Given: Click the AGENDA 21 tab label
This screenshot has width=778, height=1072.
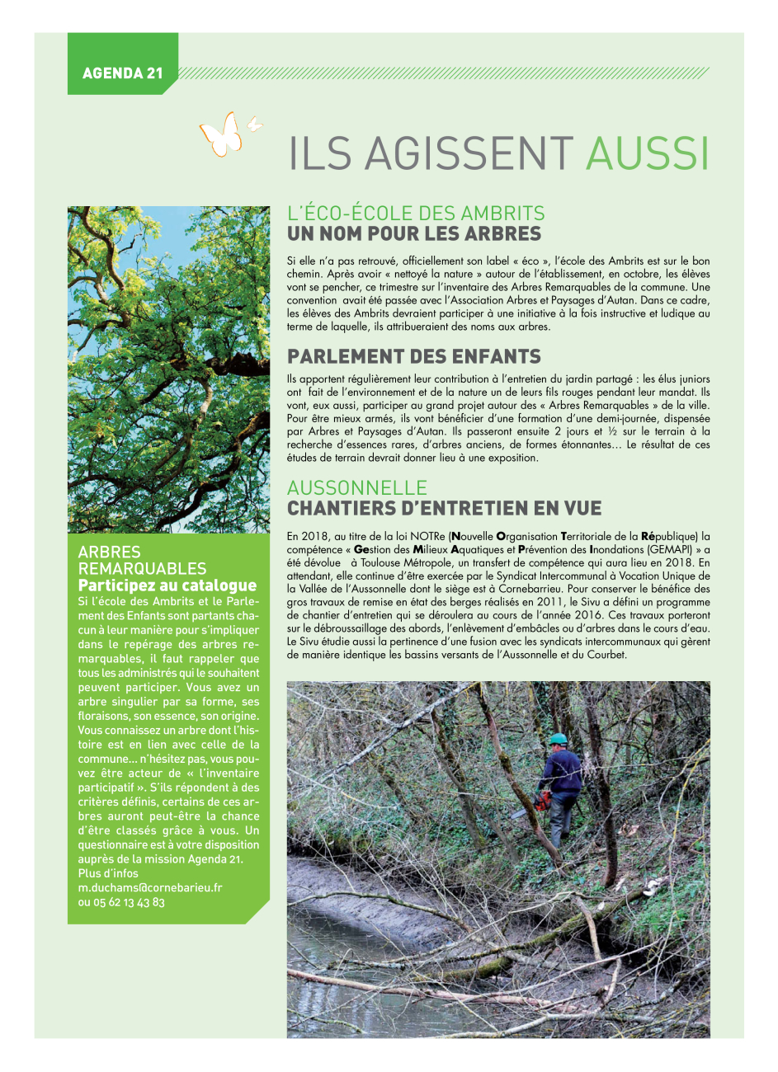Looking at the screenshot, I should coord(123,73).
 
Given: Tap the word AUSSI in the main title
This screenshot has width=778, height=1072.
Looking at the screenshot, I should coord(648,153).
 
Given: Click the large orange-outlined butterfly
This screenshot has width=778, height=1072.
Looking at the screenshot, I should coord(221,134).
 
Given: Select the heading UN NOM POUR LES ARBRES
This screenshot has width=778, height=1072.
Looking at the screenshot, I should coord(414,234).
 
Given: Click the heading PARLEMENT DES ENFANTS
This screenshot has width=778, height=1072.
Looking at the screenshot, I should coord(414,357).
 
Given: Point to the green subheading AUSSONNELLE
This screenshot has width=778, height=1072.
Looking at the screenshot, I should coord(357,487).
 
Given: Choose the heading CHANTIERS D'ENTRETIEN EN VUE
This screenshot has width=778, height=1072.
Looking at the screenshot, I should coord(445,508).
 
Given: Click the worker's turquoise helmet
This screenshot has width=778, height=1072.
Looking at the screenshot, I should coord(558,738).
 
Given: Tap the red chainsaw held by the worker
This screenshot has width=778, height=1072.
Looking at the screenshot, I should coord(541,801).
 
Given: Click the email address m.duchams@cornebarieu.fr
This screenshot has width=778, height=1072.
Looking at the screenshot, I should coord(150,888).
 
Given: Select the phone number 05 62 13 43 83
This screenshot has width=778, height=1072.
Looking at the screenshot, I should coord(129,902).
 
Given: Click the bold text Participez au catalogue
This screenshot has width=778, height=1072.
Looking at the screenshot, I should coord(167,585).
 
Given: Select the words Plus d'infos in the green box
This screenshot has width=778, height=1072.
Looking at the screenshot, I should coord(108,873).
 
